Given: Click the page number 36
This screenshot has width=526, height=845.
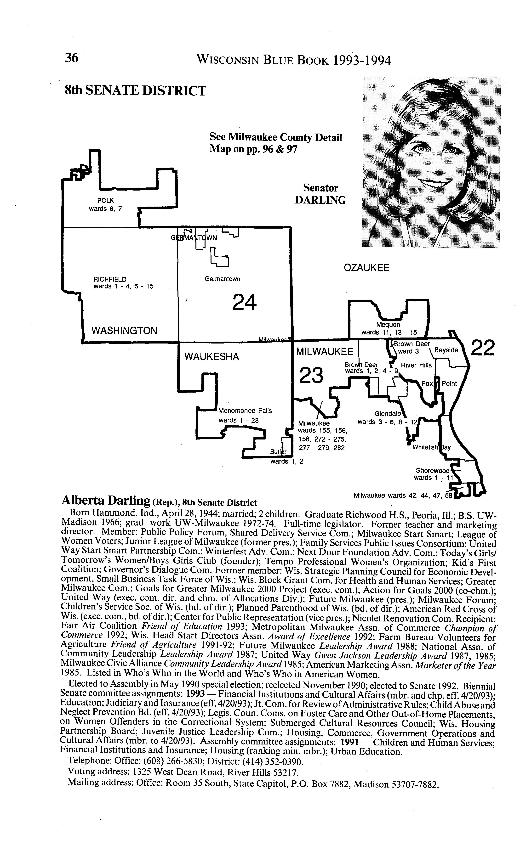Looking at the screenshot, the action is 72,58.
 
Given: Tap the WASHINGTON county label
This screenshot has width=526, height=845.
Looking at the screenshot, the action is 124,330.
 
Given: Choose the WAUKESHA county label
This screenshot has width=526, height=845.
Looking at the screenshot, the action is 212,356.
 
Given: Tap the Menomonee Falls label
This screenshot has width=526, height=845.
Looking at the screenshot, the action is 245,411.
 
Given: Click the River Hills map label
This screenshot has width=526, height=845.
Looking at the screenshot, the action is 416,365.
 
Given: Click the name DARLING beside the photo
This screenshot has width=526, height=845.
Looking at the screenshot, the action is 320,200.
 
